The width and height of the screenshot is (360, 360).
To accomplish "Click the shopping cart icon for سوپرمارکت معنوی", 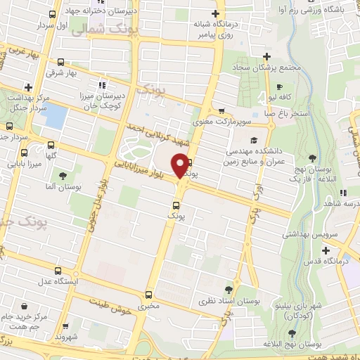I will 221,110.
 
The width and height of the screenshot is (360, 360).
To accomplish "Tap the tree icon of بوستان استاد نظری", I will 229,289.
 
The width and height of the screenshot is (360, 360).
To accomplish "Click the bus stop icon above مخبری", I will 148,295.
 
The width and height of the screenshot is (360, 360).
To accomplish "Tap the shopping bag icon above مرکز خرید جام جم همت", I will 25,307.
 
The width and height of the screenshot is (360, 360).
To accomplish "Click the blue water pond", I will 56,116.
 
